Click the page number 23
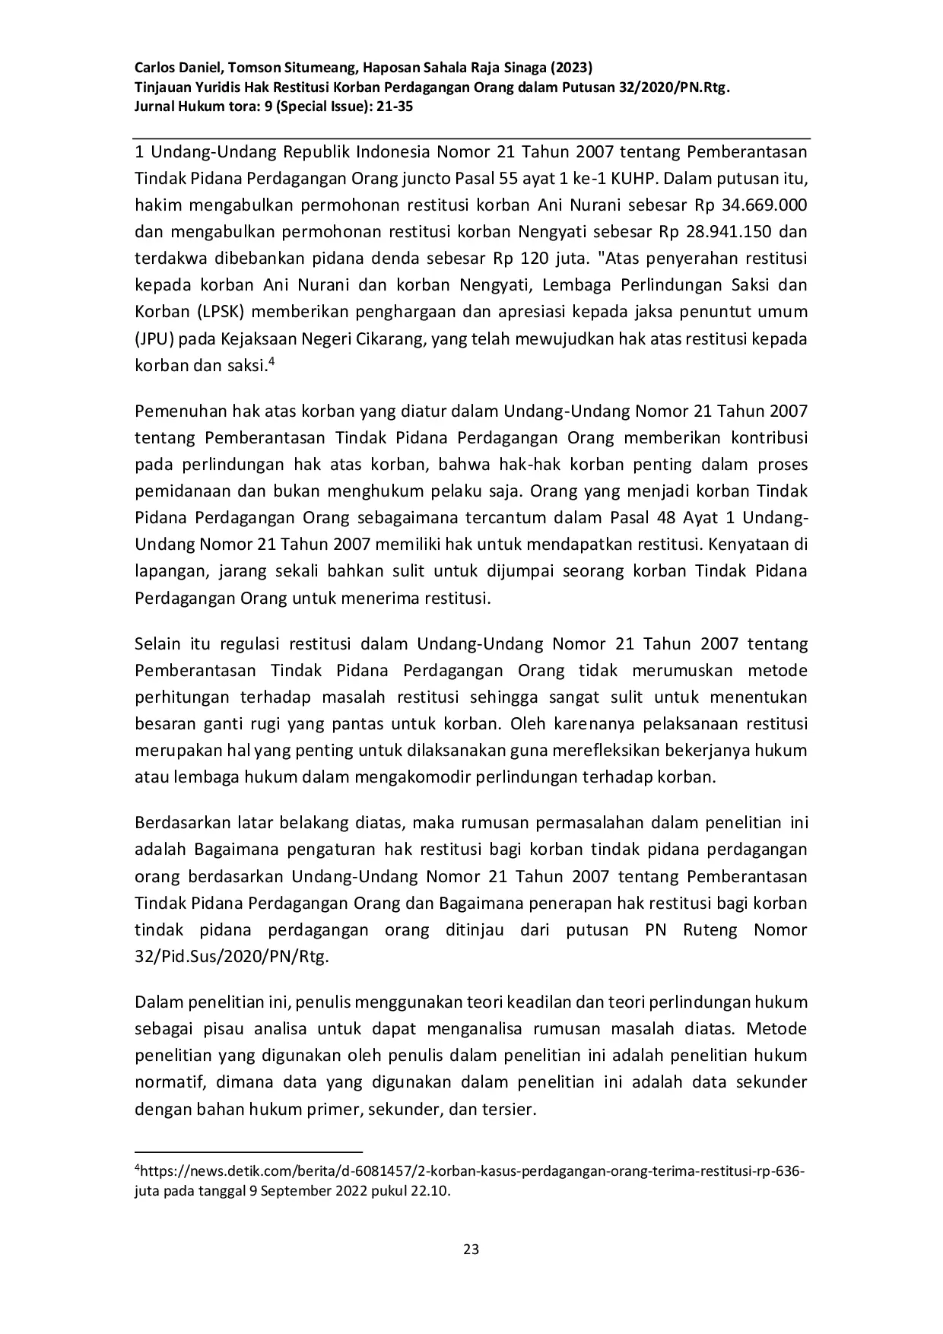click(x=471, y=1249)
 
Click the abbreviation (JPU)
click(x=154, y=338)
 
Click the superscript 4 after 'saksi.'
click(x=271, y=362)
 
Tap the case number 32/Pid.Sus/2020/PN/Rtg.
click(x=232, y=956)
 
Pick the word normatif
click(x=165, y=1081)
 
